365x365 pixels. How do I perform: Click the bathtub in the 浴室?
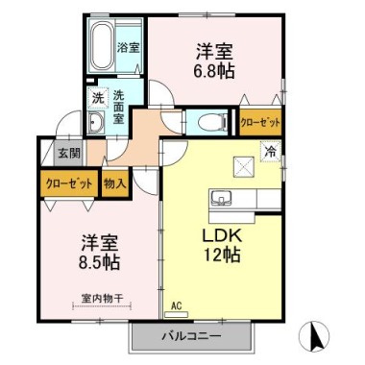pyautogui.click(x=102, y=45)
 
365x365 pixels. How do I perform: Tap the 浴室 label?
pyautogui.click(x=128, y=48)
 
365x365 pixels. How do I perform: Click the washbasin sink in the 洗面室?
pyautogui.click(x=96, y=122)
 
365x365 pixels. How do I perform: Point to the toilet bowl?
pyautogui.click(x=212, y=122)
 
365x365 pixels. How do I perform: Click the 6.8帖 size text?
pyautogui.click(x=213, y=71)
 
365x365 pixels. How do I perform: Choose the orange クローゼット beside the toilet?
pyautogui.click(x=260, y=122)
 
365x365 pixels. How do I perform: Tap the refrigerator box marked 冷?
pyautogui.click(x=271, y=152)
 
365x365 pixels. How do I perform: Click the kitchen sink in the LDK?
pyautogui.click(x=222, y=197)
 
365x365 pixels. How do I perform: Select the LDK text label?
pyautogui.click(x=221, y=236)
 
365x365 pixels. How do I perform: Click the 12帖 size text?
pyautogui.click(x=222, y=255)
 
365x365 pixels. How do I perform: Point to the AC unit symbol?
pyautogui.click(x=176, y=315)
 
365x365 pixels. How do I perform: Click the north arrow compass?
pyautogui.click(x=314, y=336)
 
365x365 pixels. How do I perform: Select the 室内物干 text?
pyautogui.click(x=102, y=299)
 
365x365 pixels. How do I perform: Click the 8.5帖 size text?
pyautogui.click(x=100, y=262)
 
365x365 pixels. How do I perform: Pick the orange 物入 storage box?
pyautogui.click(x=114, y=183)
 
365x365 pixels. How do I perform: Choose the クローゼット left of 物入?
pyautogui.click(x=69, y=183)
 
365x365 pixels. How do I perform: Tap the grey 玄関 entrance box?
pyautogui.click(x=68, y=153)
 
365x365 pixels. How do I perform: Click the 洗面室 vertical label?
pyautogui.click(x=119, y=107)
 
